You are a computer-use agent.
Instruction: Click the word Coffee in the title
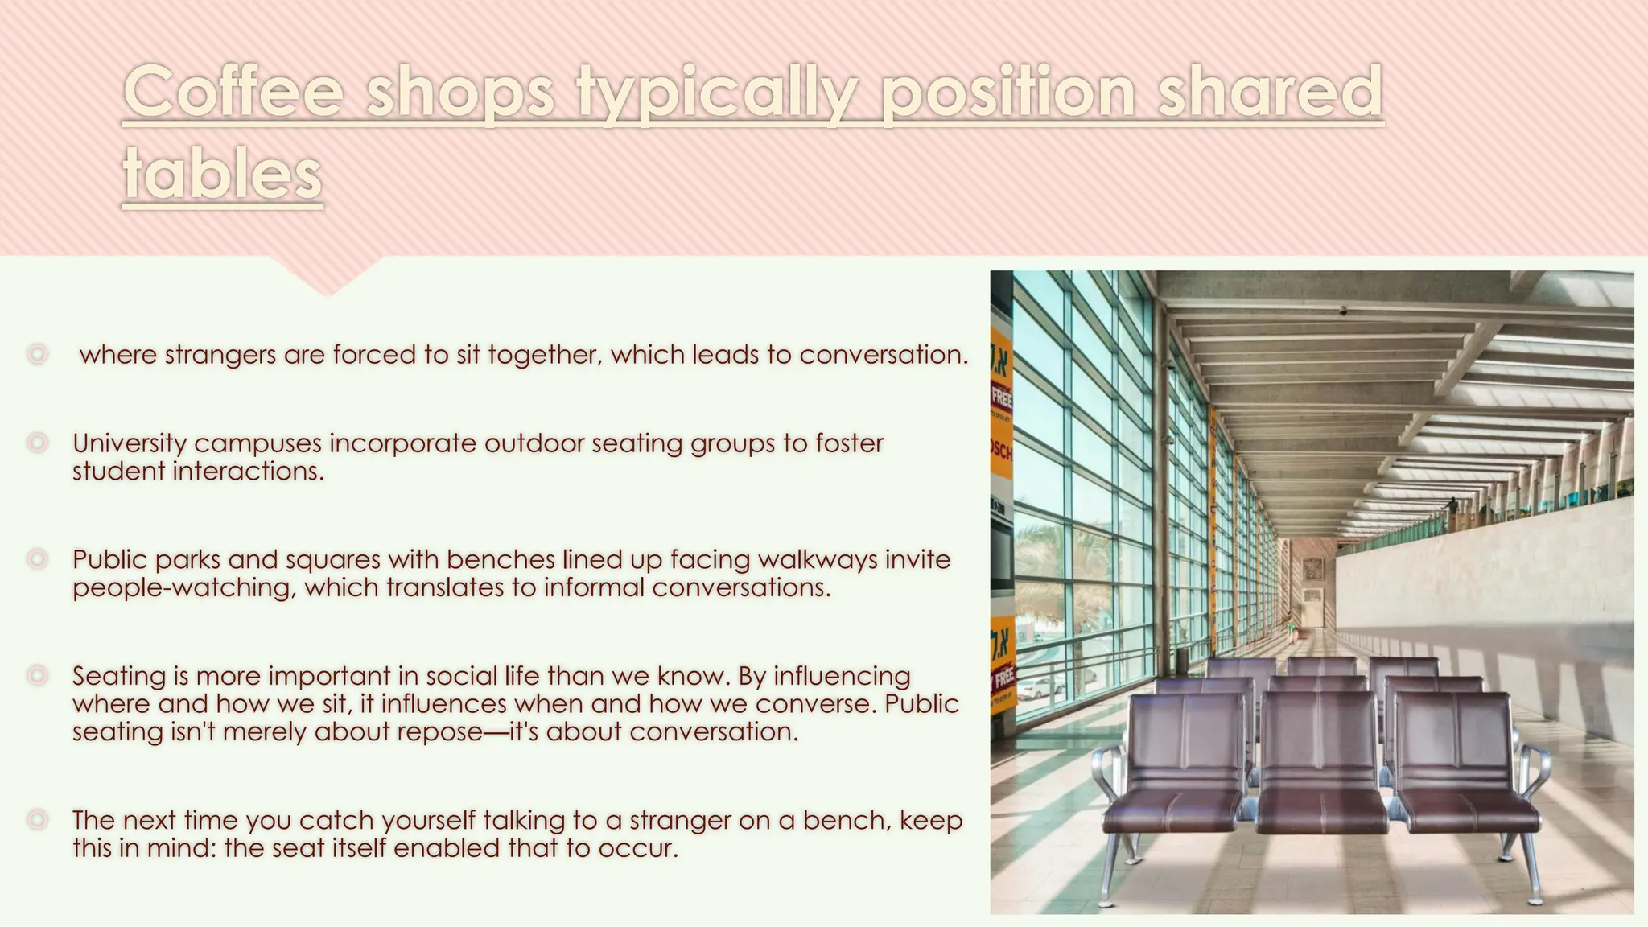(234, 93)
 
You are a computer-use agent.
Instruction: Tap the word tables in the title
(222, 175)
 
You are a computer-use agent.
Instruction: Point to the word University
(129, 443)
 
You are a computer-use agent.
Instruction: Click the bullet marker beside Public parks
(37, 558)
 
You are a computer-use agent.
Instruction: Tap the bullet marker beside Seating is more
(37, 675)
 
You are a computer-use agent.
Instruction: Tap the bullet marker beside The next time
(37, 820)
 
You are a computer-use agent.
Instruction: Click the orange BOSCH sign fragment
(1001, 451)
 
